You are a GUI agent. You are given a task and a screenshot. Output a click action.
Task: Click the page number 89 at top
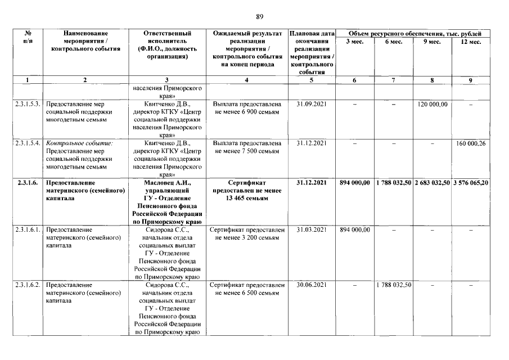(259, 16)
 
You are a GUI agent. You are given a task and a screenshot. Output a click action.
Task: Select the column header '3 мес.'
(354, 42)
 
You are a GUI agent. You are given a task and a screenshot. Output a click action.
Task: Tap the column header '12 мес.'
(470, 42)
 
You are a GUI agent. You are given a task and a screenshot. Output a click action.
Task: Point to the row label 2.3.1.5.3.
(27, 104)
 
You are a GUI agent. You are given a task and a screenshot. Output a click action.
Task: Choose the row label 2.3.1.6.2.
(27, 285)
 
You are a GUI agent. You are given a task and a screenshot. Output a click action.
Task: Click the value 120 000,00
(432, 104)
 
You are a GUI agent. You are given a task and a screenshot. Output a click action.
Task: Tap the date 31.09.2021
(312, 104)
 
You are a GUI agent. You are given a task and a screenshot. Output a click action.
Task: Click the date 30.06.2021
(312, 285)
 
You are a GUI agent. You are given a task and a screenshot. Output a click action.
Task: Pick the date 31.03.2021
(312, 230)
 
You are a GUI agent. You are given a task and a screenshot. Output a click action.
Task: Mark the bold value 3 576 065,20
(470, 183)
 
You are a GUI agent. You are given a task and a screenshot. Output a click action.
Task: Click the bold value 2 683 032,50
(432, 183)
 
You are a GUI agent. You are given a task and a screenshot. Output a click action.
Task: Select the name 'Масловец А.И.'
(167, 183)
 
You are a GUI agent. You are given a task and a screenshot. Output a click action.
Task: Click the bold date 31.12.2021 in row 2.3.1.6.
(312, 183)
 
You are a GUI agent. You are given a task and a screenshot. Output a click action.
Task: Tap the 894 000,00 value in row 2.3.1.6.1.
(354, 230)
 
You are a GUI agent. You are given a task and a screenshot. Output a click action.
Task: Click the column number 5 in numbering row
(312, 80)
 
